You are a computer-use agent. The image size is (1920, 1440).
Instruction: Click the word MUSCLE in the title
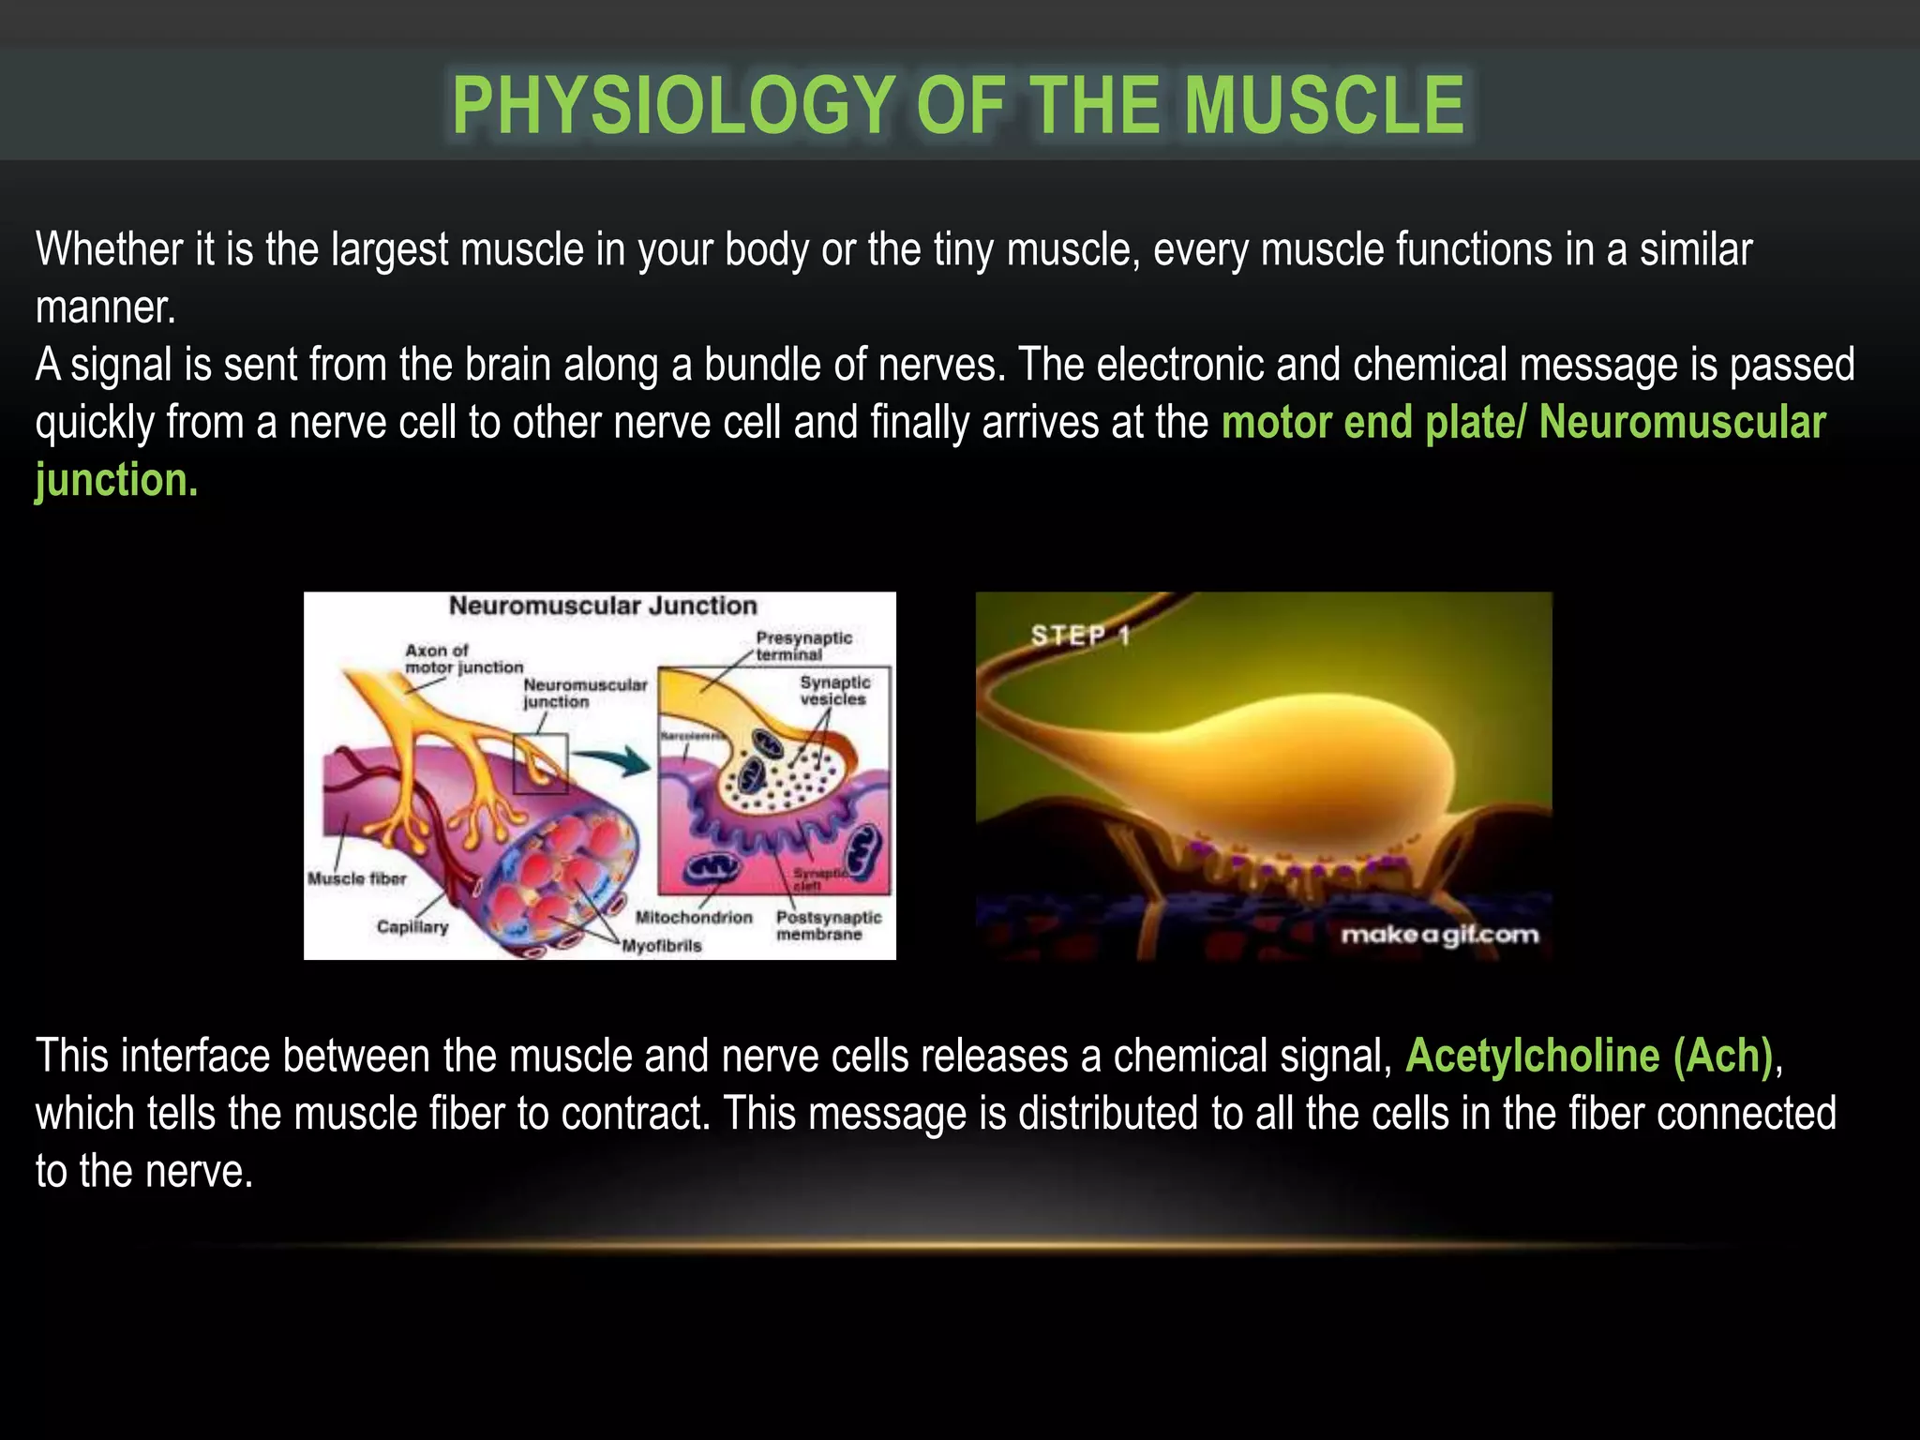(1324, 105)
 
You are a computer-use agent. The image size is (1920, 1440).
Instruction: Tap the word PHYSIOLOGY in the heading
(673, 105)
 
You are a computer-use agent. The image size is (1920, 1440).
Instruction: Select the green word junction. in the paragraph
(116, 480)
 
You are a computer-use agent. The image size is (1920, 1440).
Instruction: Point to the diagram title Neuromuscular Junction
(603, 606)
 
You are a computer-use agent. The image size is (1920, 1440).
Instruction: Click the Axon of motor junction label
(463, 658)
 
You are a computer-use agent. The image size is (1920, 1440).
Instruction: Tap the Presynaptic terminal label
(803, 646)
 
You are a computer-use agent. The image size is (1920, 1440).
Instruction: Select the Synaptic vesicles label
(833, 690)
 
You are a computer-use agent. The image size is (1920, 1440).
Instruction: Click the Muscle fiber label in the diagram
(357, 878)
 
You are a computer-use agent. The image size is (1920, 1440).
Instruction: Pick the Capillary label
(412, 926)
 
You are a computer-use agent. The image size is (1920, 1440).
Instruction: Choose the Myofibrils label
(662, 945)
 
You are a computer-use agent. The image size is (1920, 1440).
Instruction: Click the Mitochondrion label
(694, 917)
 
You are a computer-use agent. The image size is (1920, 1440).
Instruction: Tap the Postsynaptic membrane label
(829, 925)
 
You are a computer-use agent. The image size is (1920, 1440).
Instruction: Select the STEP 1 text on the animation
(1080, 636)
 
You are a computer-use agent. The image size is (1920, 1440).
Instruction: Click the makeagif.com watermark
(1439, 935)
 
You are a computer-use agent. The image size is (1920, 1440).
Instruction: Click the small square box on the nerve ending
(541, 763)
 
